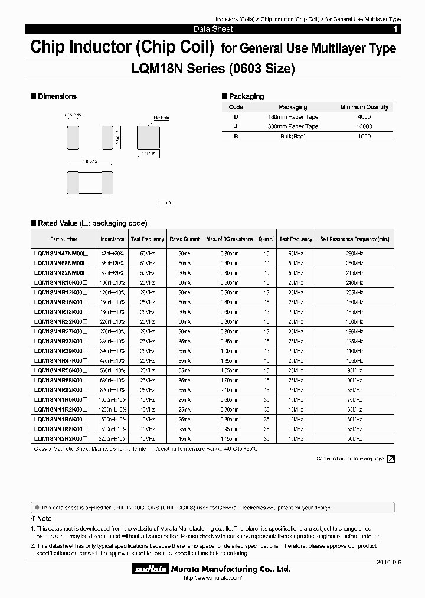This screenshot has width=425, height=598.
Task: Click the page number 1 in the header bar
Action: pyautogui.click(x=395, y=29)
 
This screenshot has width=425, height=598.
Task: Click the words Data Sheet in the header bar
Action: pyautogui.click(x=213, y=29)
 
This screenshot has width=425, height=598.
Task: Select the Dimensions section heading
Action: pyautogui.click(x=57, y=96)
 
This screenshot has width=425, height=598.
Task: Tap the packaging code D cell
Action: pyautogui.click(x=236, y=117)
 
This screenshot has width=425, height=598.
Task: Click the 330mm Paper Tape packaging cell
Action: pyautogui.click(x=293, y=126)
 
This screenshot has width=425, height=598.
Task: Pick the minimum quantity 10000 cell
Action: pyautogui.click(x=364, y=126)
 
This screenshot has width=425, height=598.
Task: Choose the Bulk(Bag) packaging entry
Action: pyautogui.click(x=293, y=136)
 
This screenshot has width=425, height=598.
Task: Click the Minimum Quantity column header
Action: pyautogui.click(x=364, y=107)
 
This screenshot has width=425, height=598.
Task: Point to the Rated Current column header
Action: pyautogui.click(x=185, y=239)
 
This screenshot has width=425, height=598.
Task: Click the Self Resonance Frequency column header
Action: pyautogui.click(x=355, y=239)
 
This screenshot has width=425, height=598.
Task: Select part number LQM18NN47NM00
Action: pyautogui.click(x=61, y=252)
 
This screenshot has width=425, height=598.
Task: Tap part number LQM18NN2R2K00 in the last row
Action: pyautogui.click(x=61, y=439)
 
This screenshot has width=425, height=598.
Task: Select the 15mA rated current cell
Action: pyautogui.click(x=185, y=439)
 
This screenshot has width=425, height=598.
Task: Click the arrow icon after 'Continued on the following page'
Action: pyautogui.click(x=391, y=459)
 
